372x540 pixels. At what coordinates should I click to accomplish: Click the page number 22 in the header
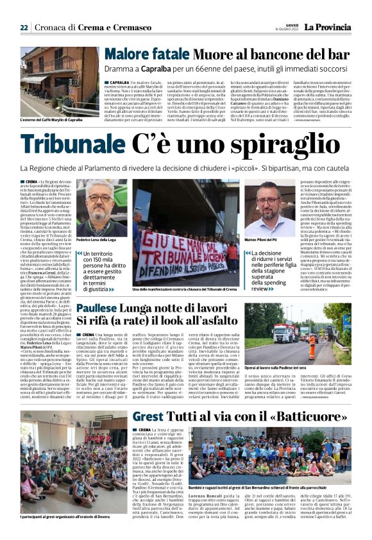click(x=24, y=28)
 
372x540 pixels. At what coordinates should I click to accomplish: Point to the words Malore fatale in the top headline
click(x=139, y=55)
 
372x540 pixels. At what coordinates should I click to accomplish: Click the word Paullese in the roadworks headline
click(x=97, y=309)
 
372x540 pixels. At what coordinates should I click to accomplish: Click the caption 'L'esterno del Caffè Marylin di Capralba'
click(x=52, y=120)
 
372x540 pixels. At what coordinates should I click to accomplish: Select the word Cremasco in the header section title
click(x=132, y=28)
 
